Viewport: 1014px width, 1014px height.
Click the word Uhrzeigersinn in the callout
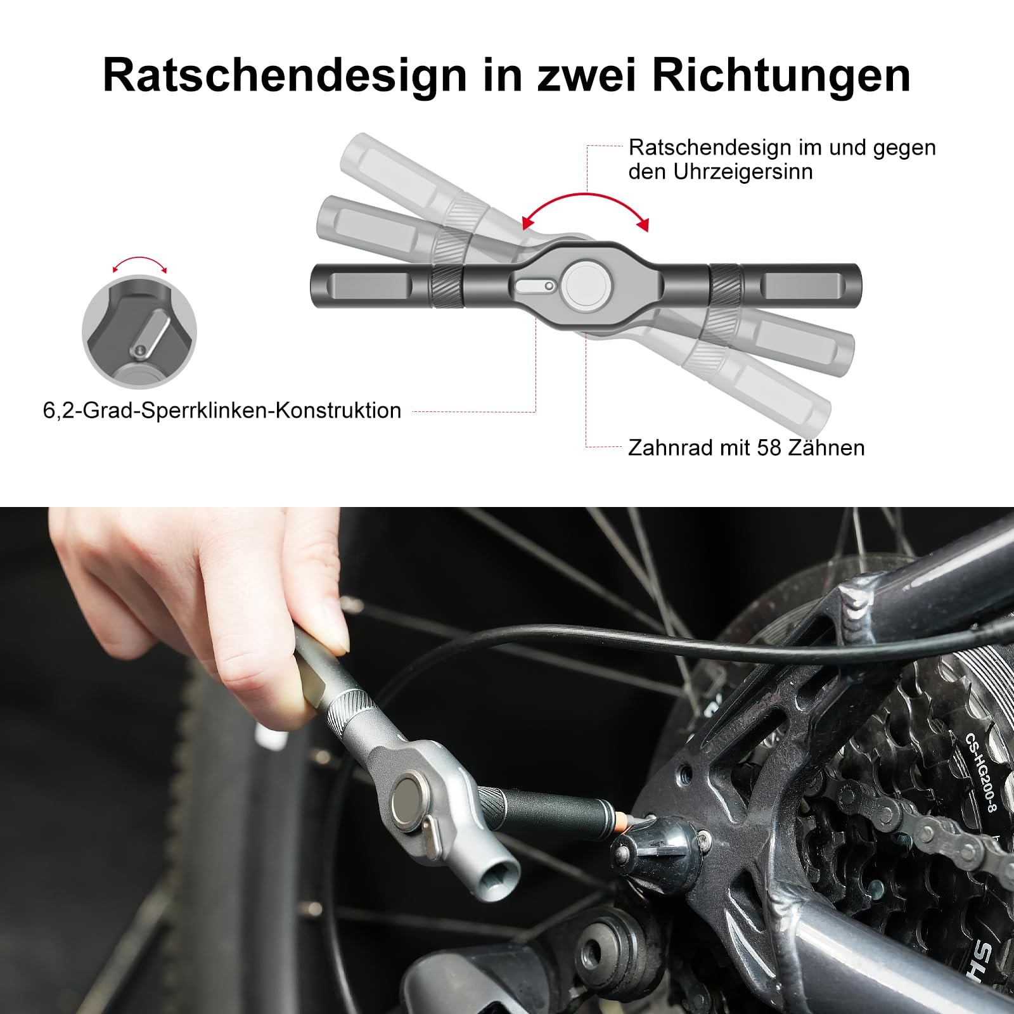point(743,172)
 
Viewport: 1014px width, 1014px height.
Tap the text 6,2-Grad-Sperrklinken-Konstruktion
point(222,410)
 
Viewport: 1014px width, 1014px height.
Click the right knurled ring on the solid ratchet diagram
point(726,286)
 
